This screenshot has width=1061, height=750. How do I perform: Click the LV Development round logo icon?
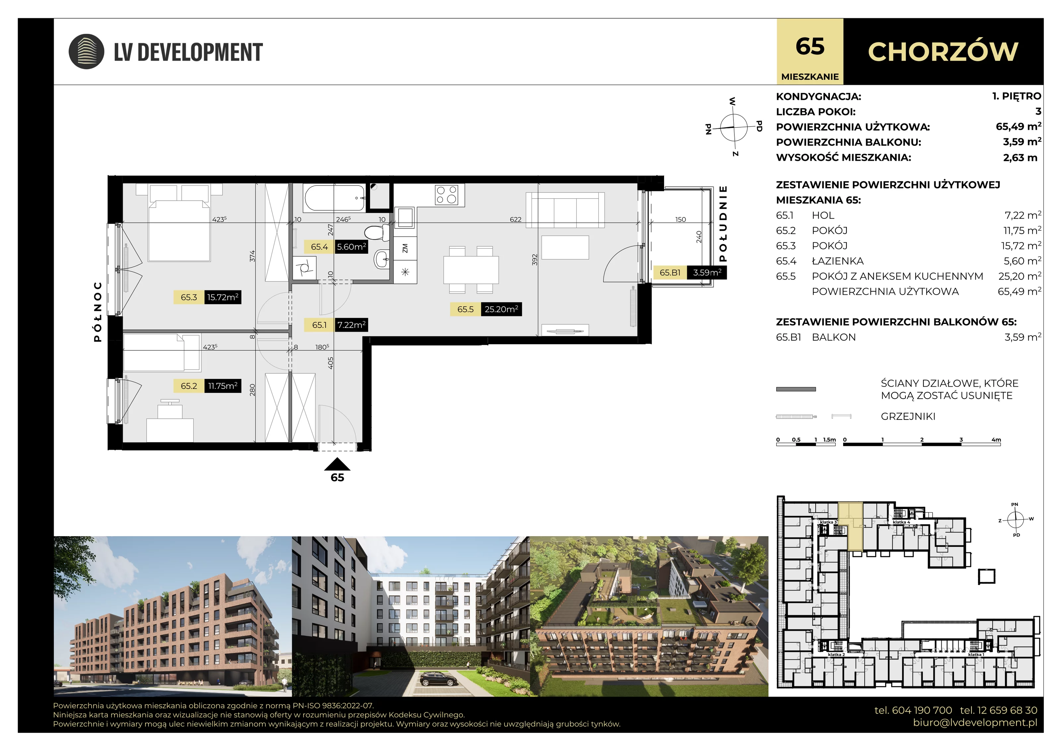(x=87, y=51)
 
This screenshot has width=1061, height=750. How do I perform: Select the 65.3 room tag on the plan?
(x=189, y=297)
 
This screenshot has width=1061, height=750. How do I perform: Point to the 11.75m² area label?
(x=223, y=386)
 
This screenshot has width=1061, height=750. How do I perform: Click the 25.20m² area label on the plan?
(x=501, y=309)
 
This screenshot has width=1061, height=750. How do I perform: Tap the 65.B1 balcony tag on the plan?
(x=670, y=273)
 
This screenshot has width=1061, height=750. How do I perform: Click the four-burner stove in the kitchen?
(x=446, y=195)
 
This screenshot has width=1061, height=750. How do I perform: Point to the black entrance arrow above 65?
(x=337, y=464)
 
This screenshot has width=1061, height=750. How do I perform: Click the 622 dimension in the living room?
(x=516, y=219)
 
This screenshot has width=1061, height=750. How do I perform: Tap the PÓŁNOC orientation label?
(x=97, y=312)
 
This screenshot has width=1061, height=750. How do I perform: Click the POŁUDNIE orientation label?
(x=723, y=224)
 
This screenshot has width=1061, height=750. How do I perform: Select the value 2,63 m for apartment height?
(x=1020, y=157)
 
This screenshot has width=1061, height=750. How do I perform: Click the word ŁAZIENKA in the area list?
(x=838, y=261)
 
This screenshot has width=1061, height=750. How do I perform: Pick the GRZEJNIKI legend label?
(x=908, y=416)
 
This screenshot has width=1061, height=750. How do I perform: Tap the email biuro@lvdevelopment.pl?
(x=975, y=723)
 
